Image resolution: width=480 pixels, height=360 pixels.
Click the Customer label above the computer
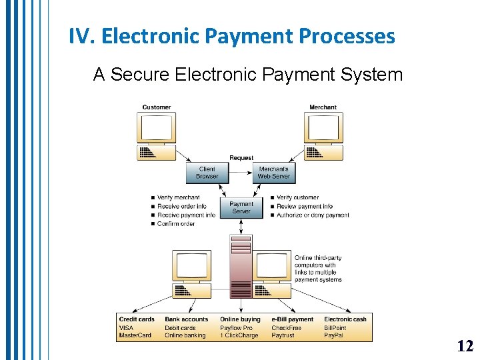[156, 107]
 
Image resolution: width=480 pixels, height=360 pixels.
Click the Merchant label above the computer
[323, 107]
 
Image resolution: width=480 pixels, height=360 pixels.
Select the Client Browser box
[207, 173]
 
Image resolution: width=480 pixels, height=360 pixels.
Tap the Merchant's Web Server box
[274, 173]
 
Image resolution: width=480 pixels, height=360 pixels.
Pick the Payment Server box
[241, 207]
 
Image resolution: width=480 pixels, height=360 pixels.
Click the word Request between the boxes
[241, 158]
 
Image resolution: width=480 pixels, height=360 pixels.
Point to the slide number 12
[465, 345]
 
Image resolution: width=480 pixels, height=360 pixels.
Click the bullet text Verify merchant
[178, 197]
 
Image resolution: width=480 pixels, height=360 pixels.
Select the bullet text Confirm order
[176, 224]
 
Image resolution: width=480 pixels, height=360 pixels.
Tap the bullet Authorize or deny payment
[312, 215]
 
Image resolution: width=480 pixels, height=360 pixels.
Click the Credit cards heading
[137, 319]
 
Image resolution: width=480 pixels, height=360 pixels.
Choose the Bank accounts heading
[186, 319]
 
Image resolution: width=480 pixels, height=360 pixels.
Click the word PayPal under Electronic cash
[334, 335]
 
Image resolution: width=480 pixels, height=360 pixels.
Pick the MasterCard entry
[135, 335]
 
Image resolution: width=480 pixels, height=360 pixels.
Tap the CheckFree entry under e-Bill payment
[286, 327]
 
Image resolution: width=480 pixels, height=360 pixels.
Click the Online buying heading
[240, 319]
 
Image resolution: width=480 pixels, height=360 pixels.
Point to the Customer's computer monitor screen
[156, 126]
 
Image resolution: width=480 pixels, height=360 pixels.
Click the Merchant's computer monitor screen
[324, 126]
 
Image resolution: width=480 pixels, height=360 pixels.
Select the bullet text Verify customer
[297, 197]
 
